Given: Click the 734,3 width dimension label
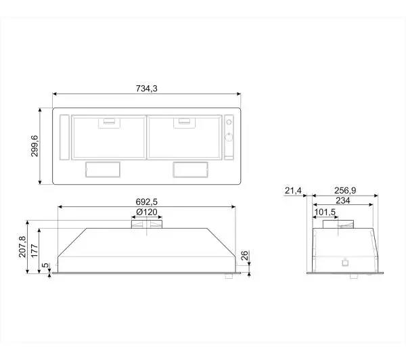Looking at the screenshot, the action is tap(147, 89).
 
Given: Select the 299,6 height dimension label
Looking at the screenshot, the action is tap(35, 145).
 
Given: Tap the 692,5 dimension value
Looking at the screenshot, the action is tap(147, 202).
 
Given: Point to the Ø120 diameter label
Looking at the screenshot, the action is tap(147, 212).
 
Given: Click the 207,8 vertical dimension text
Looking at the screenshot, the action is tap(22, 246).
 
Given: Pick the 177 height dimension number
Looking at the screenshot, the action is tap(35, 250).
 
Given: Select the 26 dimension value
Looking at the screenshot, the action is tap(245, 255).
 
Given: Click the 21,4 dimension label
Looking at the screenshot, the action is tap(293, 191).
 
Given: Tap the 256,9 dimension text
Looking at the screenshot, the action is tap(345, 191).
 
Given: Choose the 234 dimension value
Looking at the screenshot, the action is tap(343, 200).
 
